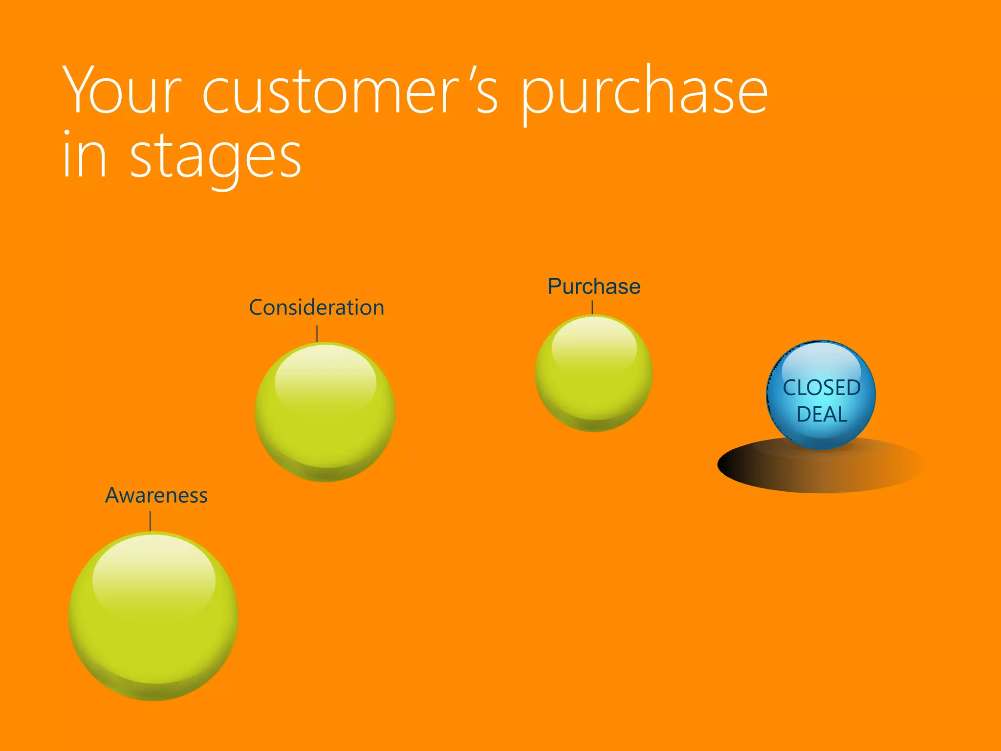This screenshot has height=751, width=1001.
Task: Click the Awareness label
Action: [156, 495]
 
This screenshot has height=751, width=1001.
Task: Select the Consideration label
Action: [317, 308]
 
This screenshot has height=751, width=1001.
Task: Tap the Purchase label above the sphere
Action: [594, 287]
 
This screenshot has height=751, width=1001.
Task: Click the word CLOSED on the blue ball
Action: [822, 388]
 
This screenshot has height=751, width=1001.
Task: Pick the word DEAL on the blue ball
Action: [822, 415]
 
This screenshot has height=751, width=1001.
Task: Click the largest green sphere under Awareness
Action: [153, 636]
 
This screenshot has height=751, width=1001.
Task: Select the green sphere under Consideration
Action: [325, 425]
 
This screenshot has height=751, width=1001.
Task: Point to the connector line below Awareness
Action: [150, 521]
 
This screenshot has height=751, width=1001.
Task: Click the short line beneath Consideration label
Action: [317, 334]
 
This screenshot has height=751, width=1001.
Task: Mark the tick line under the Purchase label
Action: [592, 308]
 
